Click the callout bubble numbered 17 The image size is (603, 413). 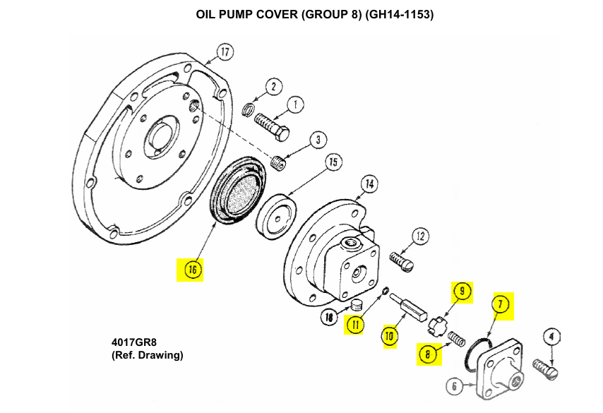(225, 52)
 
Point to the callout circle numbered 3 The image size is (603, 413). (318, 140)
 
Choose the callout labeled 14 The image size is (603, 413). (369, 184)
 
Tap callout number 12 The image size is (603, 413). (421, 237)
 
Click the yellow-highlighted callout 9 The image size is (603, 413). (462, 290)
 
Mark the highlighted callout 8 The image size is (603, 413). (428, 355)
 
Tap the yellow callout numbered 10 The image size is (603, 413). (390, 336)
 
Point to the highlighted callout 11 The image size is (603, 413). (354, 325)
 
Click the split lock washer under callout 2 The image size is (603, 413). (248, 109)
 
